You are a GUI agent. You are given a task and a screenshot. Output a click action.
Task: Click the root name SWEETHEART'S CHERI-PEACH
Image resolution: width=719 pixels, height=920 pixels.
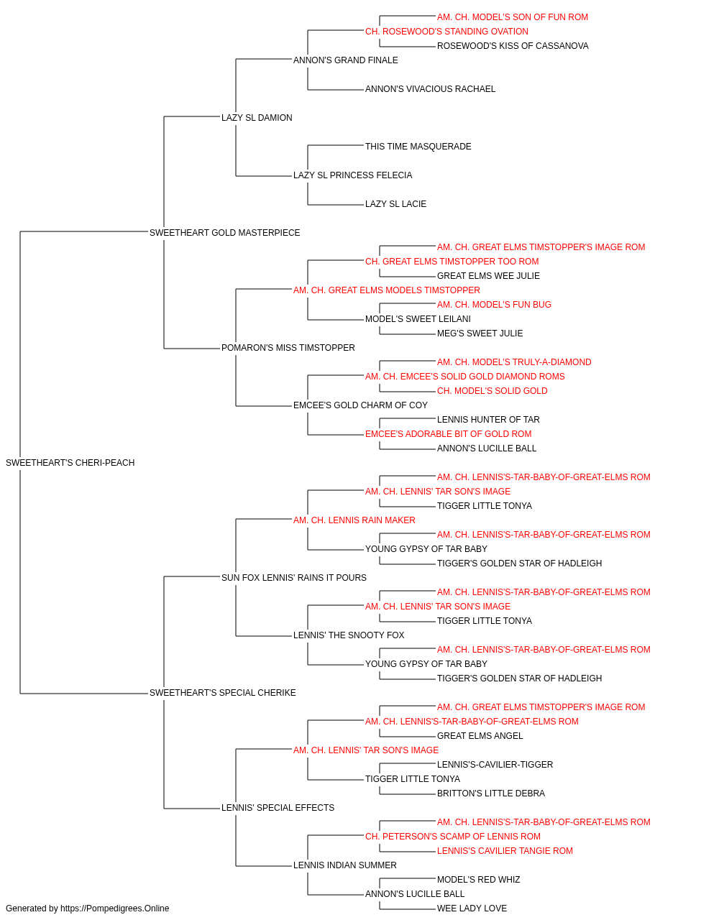[70, 463]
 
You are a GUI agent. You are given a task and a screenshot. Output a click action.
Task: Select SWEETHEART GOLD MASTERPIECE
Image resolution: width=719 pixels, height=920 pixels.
[225, 233]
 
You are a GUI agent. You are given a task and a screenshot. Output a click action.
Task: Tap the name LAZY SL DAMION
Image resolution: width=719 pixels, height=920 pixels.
[257, 118]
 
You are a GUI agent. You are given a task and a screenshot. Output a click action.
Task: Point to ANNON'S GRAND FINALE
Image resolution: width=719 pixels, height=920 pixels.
[346, 60]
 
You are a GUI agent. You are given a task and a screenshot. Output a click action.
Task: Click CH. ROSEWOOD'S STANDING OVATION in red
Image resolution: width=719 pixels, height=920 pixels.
[446, 32]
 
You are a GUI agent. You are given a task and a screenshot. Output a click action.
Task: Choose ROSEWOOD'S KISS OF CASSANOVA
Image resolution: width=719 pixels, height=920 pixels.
[513, 46]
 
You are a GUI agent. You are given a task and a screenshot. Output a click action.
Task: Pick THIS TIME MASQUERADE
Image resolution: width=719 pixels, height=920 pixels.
[418, 147]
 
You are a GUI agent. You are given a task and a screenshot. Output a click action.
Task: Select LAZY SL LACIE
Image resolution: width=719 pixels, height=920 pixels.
[396, 204]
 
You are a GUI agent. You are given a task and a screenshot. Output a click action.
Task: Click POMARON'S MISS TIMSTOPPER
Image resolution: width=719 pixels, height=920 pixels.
[288, 348]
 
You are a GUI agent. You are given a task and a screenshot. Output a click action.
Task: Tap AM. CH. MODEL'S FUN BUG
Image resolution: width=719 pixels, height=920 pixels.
[494, 305]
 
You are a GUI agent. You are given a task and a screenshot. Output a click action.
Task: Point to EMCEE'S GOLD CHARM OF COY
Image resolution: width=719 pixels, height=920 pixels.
[360, 405]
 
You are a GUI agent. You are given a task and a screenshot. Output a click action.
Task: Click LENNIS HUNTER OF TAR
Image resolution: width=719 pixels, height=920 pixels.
[488, 420]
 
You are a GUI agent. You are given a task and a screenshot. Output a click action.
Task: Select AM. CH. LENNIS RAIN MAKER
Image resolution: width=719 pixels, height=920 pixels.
[354, 520]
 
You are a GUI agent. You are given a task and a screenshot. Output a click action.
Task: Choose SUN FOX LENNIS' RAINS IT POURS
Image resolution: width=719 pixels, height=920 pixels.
[294, 578]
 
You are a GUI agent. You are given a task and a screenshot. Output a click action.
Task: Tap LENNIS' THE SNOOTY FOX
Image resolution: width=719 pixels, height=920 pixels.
[349, 635]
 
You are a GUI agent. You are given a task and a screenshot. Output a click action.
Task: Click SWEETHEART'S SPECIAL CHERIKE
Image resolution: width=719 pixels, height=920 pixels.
[223, 693]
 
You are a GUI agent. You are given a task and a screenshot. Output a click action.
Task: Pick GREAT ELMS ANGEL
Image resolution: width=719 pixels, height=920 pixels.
[480, 736]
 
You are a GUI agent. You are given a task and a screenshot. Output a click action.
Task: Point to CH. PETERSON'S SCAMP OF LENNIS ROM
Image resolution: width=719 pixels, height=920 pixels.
[453, 837]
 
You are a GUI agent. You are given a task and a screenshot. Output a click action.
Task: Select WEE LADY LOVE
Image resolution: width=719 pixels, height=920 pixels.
[472, 908]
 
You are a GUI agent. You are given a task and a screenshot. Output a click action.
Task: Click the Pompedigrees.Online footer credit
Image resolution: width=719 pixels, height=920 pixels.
[87, 908]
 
